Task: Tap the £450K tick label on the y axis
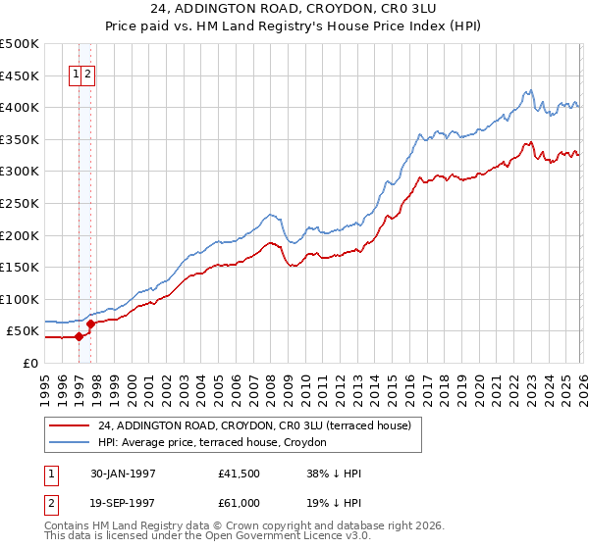coord(20,75)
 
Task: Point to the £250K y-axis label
coord(20,203)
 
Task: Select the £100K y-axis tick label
coord(20,299)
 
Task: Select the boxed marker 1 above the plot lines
coord(76,74)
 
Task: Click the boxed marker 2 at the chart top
coord(88,74)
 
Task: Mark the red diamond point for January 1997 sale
coord(80,336)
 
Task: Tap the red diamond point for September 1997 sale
coord(90,324)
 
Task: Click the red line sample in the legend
coord(70,425)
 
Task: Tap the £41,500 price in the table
coord(239,474)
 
